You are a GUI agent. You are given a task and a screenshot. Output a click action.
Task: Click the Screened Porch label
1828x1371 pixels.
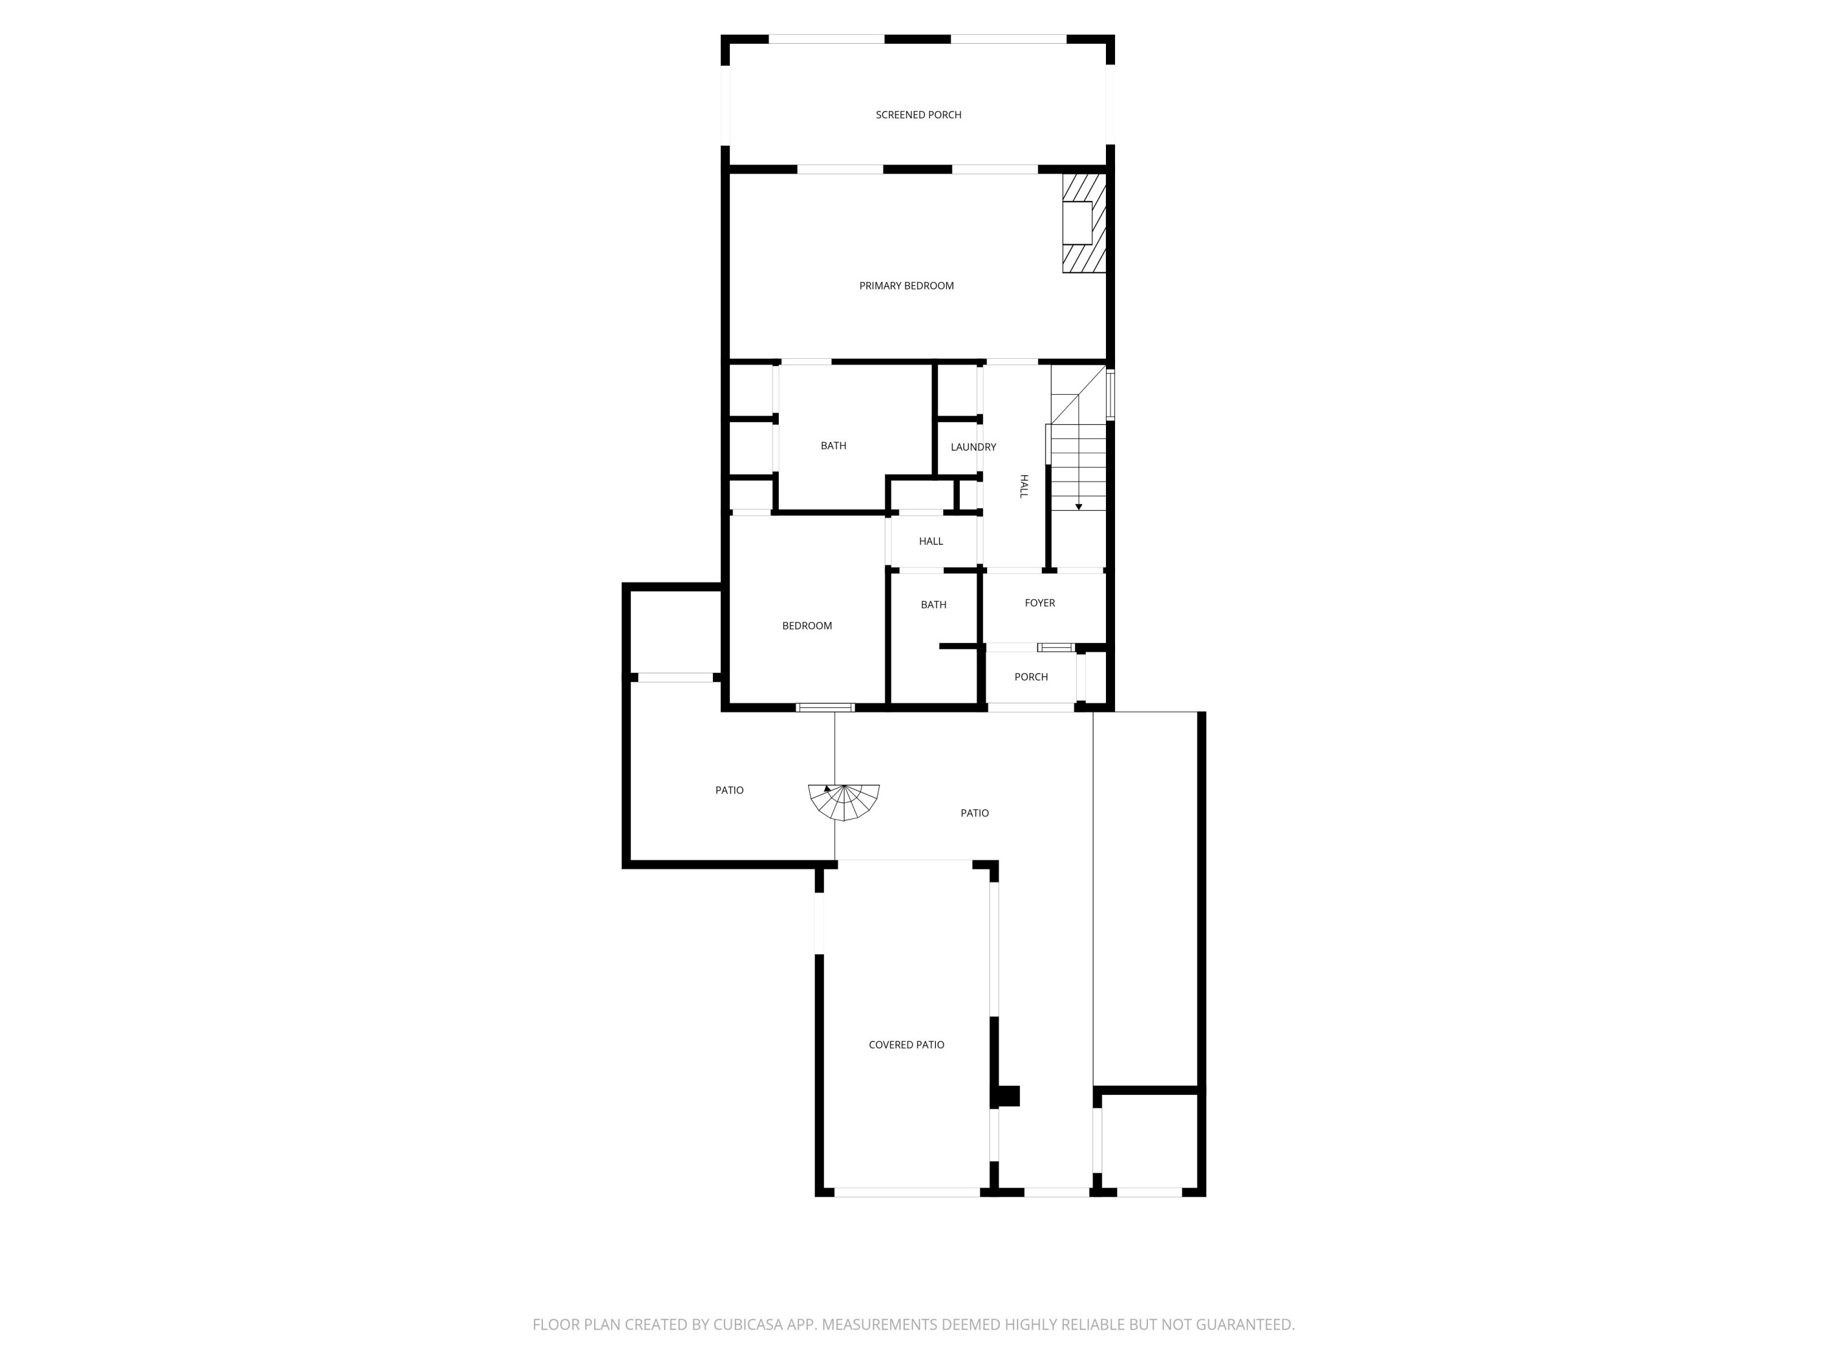click(x=918, y=115)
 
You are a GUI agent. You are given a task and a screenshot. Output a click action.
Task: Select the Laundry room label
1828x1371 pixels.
click(x=972, y=447)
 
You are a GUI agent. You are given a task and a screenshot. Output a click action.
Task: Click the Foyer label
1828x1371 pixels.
click(x=1040, y=603)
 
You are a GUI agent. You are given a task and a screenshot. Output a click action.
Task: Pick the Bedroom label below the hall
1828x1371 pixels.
click(x=807, y=626)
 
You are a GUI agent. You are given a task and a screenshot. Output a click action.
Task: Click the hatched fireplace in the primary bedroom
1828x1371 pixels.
click(x=1083, y=222)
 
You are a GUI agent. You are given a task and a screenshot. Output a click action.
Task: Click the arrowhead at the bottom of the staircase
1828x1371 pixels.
click(x=1079, y=506)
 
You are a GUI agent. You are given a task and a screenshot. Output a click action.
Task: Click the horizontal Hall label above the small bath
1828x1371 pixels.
click(x=930, y=541)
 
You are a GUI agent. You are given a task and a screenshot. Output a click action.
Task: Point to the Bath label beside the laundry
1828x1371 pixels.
click(x=833, y=446)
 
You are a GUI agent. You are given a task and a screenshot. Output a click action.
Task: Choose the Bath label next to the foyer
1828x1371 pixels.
click(x=933, y=605)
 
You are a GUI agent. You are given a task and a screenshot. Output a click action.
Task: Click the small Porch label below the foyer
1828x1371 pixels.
click(x=1030, y=677)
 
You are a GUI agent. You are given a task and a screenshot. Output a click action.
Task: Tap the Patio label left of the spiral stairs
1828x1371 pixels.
click(x=729, y=790)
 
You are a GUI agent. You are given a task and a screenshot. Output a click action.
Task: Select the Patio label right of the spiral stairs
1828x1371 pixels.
click(x=974, y=813)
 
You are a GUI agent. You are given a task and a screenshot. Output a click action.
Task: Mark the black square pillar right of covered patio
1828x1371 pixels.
click(x=1008, y=1096)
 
